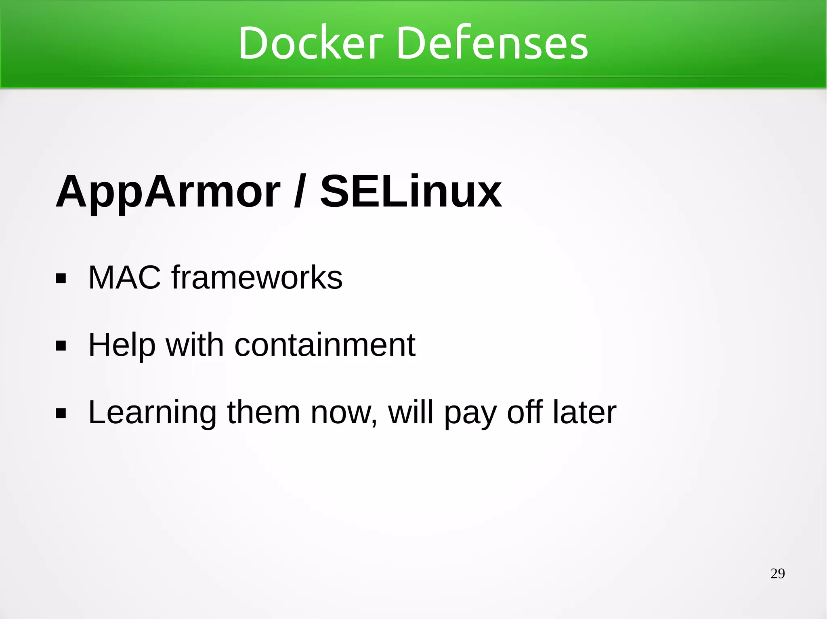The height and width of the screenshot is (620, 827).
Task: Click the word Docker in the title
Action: (x=310, y=43)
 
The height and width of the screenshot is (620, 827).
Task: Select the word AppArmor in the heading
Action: (x=168, y=192)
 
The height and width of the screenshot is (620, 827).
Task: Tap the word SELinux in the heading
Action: (x=411, y=192)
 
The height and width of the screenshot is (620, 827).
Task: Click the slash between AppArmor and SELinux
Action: (x=299, y=192)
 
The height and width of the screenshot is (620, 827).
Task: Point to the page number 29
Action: (x=777, y=574)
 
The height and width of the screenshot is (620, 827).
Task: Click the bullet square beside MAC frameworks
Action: (x=61, y=279)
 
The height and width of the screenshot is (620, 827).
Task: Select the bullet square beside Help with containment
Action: (x=61, y=346)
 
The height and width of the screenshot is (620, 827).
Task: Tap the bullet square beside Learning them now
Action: (x=61, y=414)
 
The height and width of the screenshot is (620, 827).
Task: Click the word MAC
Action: (x=124, y=277)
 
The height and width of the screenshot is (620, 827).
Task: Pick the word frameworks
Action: (x=257, y=277)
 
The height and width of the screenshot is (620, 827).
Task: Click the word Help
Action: (x=122, y=346)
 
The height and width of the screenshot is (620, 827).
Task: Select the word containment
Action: (x=325, y=346)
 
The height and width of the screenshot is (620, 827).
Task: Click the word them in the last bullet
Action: (x=263, y=413)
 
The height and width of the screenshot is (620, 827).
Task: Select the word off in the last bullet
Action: (x=525, y=413)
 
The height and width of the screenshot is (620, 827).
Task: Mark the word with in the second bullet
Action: (x=195, y=346)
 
